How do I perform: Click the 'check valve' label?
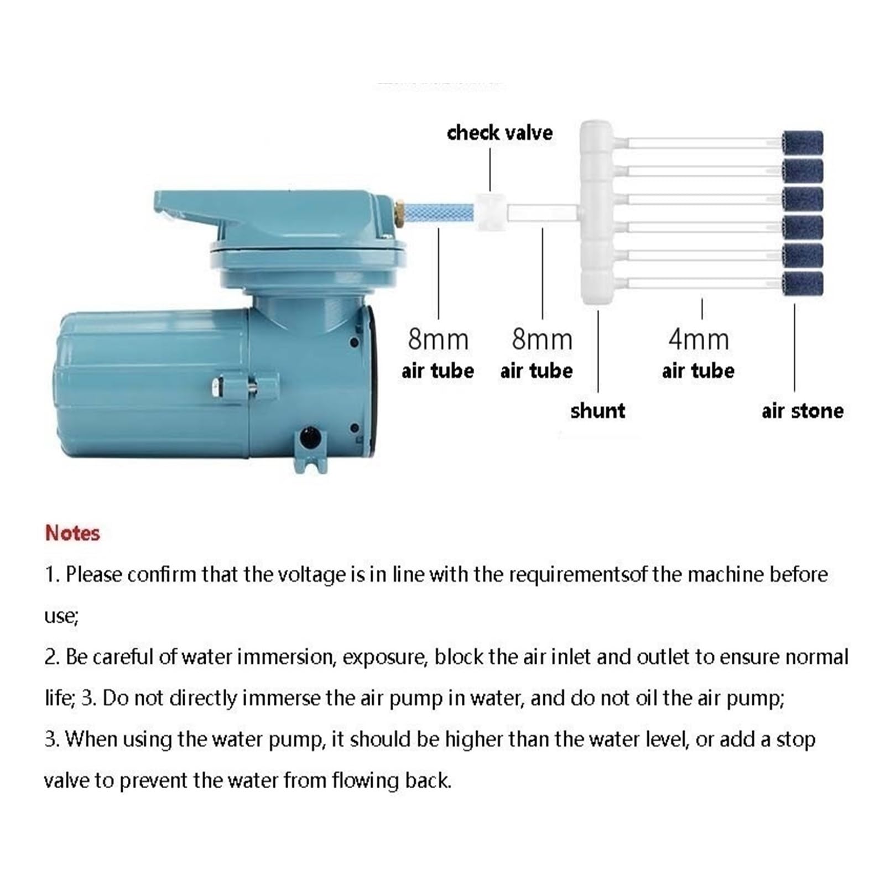click(x=499, y=133)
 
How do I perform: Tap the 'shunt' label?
click(x=597, y=411)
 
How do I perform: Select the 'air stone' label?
click(x=802, y=411)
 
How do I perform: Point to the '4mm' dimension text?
click(x=699, y=339)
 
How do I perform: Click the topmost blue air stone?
click(x=803, y=143)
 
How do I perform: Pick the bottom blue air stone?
click(x=803, y=284)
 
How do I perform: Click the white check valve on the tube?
click(x=490, y=211)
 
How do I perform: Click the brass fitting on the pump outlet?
click(x=398, y=214)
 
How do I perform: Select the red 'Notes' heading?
click(x=72, y=533)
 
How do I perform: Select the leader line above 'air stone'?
click(x=794, y=347)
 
